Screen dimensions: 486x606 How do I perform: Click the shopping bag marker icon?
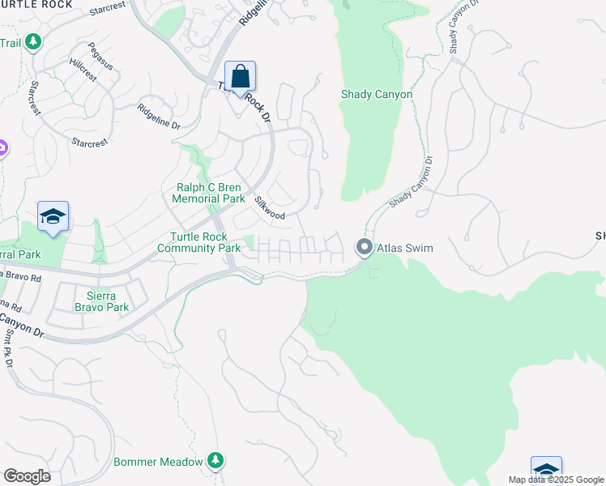tap(240, 77)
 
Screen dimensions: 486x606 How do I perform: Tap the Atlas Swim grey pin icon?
tap(365, 247)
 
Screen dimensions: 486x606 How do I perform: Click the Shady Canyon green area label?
tap(377, 95)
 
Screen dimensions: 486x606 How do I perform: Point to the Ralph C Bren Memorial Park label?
tap(211, 193)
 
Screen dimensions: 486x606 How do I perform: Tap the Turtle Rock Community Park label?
tap(205, 242)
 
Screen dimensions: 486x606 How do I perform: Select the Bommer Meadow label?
tap(158, 462)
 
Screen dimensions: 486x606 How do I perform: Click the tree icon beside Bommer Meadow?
tap(215, 461)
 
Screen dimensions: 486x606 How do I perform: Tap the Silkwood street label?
tap(270, 208)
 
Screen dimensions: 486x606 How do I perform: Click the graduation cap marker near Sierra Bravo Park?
tap(53, 216)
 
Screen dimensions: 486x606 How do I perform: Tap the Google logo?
tap(27, 476)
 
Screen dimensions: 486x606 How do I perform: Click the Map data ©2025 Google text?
tap(555, 480)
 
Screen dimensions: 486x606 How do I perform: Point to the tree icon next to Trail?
tap(32, 41)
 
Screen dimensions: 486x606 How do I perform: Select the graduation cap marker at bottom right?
tap(546, 471)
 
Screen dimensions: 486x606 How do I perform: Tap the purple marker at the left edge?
tap(2, 149)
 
